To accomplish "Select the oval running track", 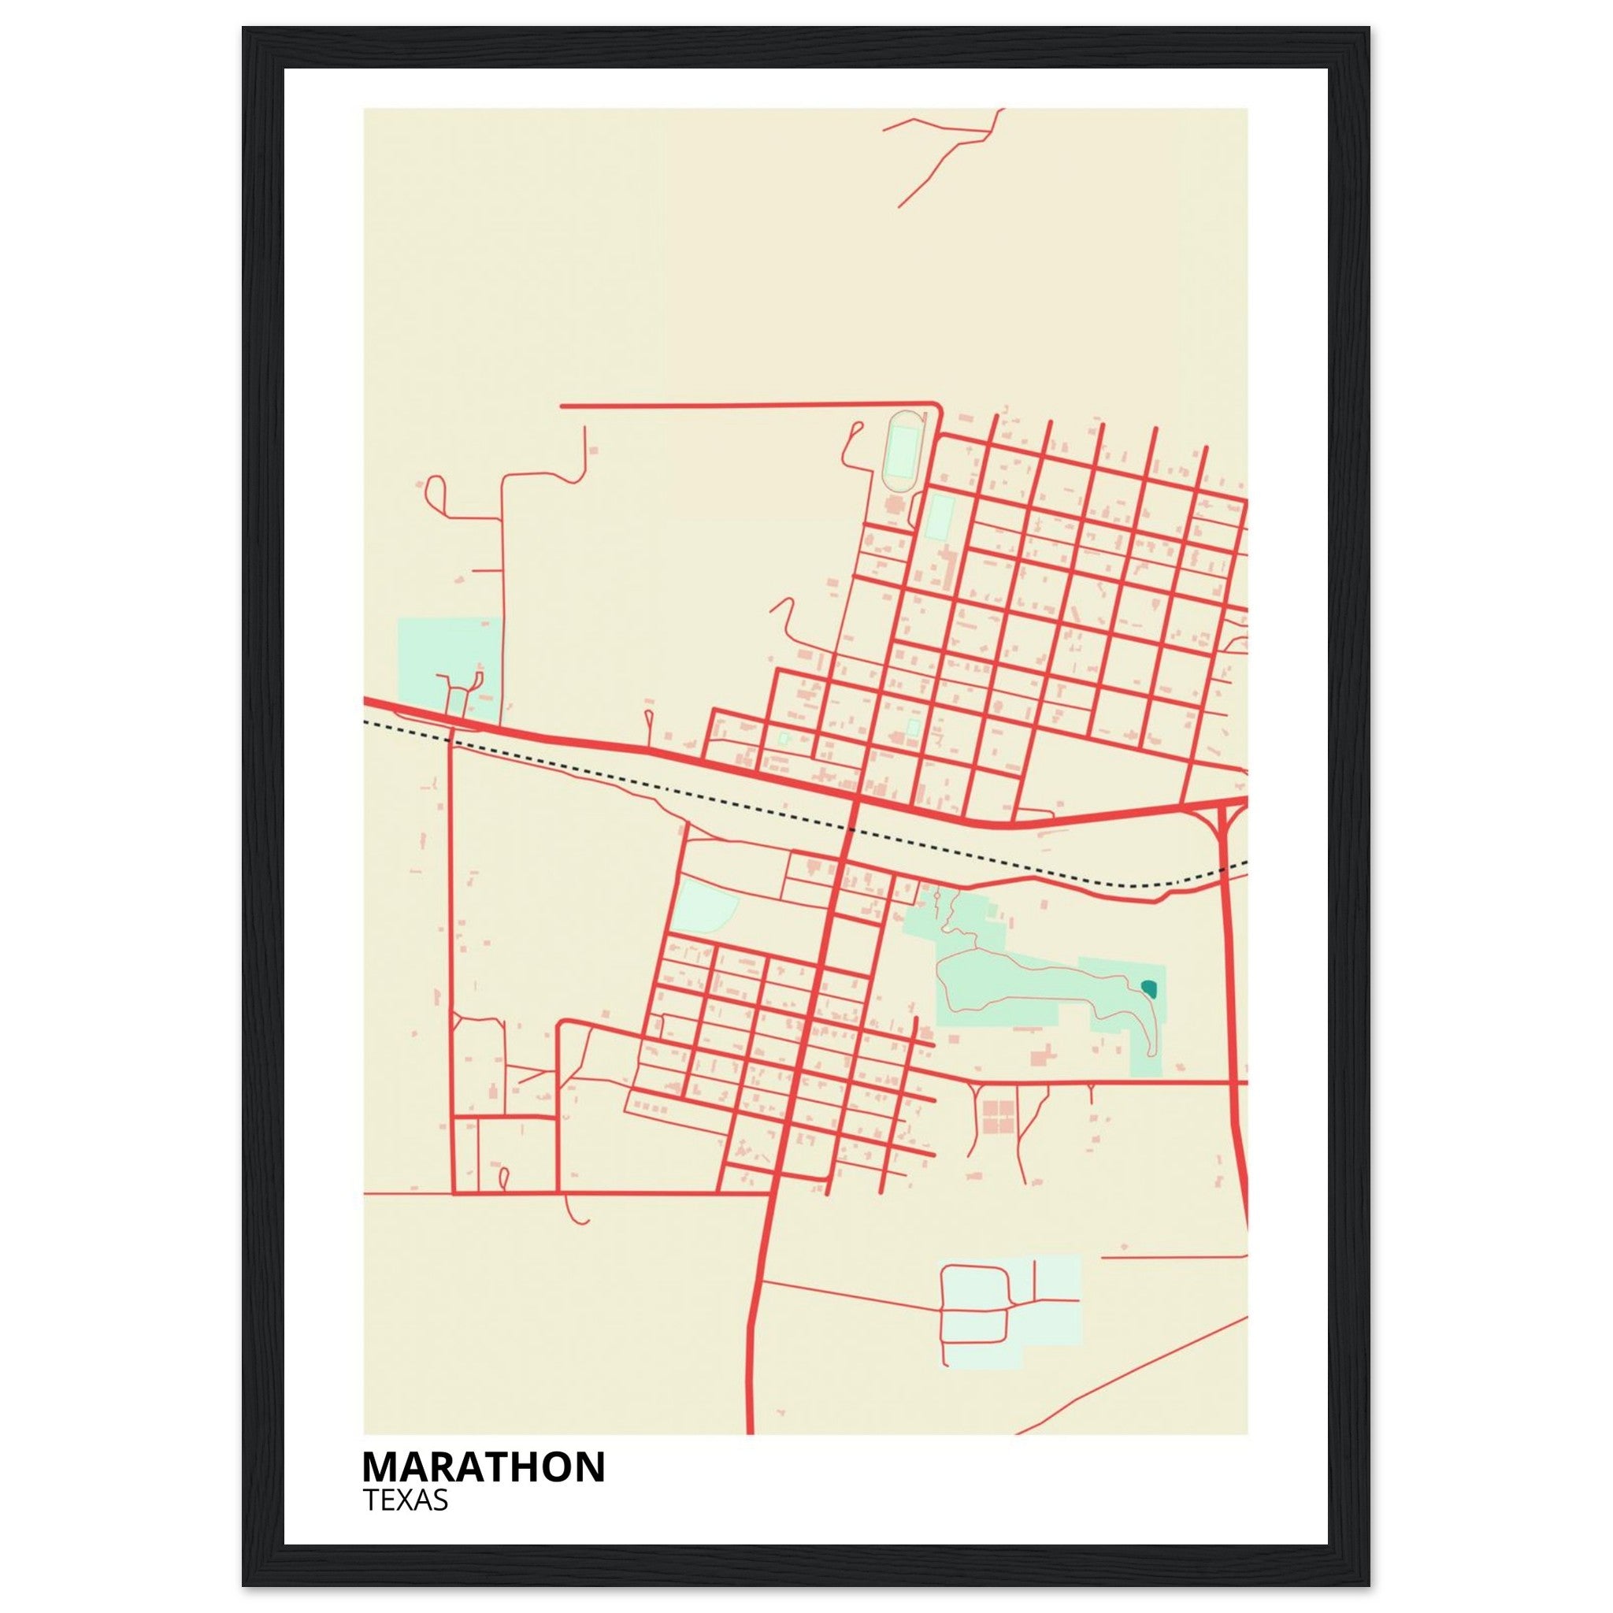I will click(901, 451).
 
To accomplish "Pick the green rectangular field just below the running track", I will click(940, 517).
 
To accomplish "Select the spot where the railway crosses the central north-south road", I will click(851, 829).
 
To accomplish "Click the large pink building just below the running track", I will click(894, 505).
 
